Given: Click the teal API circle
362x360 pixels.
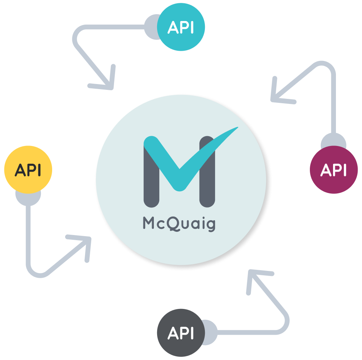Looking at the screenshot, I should point(181,27).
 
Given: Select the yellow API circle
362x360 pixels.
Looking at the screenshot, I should point(28,170).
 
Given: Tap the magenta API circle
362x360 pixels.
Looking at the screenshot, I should point(334,169).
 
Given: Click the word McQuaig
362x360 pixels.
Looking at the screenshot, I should point(179,224).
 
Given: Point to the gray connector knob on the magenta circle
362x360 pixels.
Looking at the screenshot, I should point(333,141).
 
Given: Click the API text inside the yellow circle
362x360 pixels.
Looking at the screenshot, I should point(28,170).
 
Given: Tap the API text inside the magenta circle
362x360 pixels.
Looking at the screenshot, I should point(334,169).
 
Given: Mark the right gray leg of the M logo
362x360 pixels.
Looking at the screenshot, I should point(207,181).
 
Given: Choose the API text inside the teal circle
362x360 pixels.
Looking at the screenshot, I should point(181,28).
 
